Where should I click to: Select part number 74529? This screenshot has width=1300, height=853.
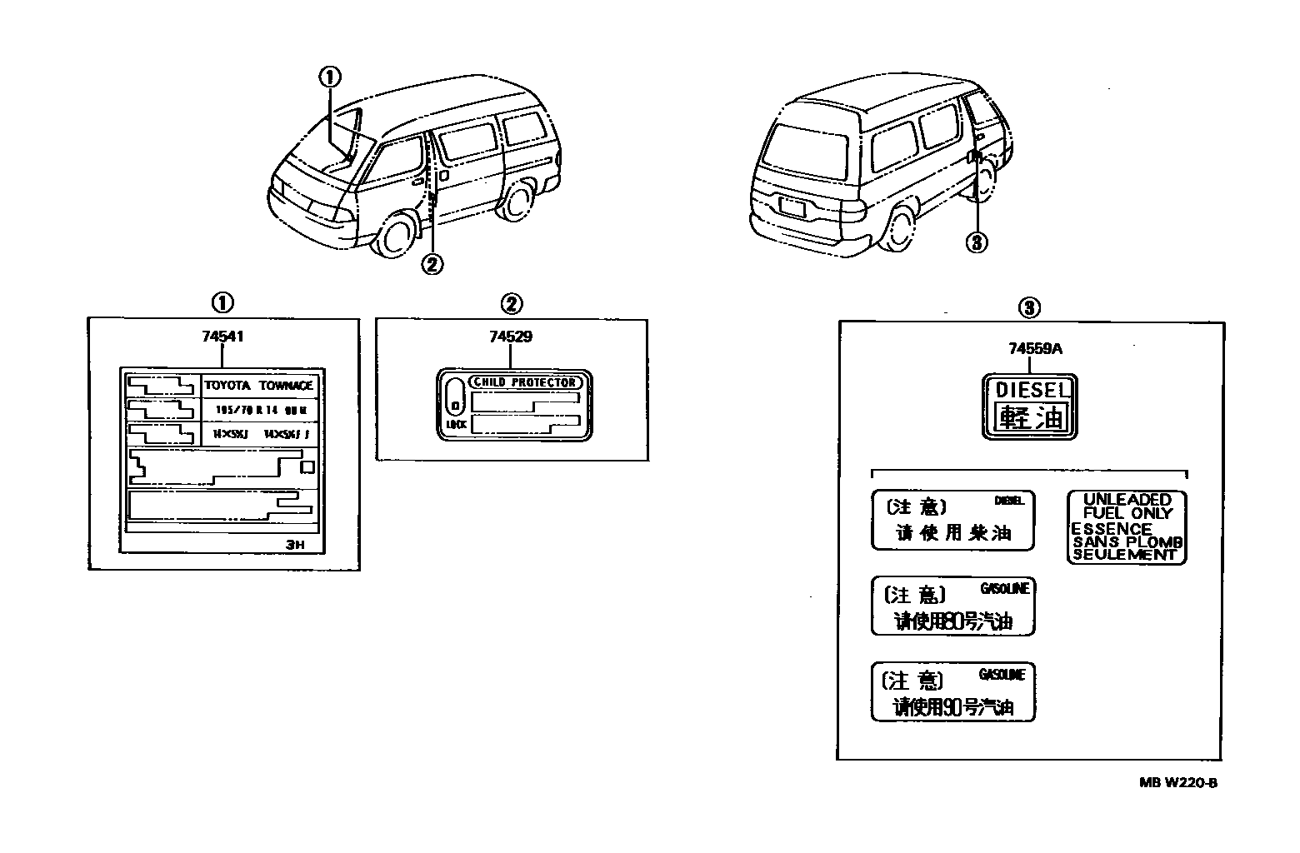click(511, 337)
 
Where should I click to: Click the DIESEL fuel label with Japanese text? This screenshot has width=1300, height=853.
click(1031, 407)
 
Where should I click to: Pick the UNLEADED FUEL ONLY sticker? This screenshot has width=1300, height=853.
click(1127, 526)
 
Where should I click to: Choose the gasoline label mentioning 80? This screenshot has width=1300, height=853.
click(953, 606)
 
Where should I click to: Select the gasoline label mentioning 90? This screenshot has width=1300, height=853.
click(953, 692)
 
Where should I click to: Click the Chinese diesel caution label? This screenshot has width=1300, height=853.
click(953, 520)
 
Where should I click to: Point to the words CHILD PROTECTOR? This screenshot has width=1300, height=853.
click(524, 382)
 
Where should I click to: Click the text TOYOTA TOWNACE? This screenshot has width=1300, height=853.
click(259, 386)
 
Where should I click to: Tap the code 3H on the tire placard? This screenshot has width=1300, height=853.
click(297, 546)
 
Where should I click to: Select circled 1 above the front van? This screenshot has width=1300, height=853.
click(329, 77)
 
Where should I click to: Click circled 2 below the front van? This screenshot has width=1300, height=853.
click(432, 264)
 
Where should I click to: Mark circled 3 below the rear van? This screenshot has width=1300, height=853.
click(977, 242)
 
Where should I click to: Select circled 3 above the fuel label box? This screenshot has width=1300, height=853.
click(1029, 308)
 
